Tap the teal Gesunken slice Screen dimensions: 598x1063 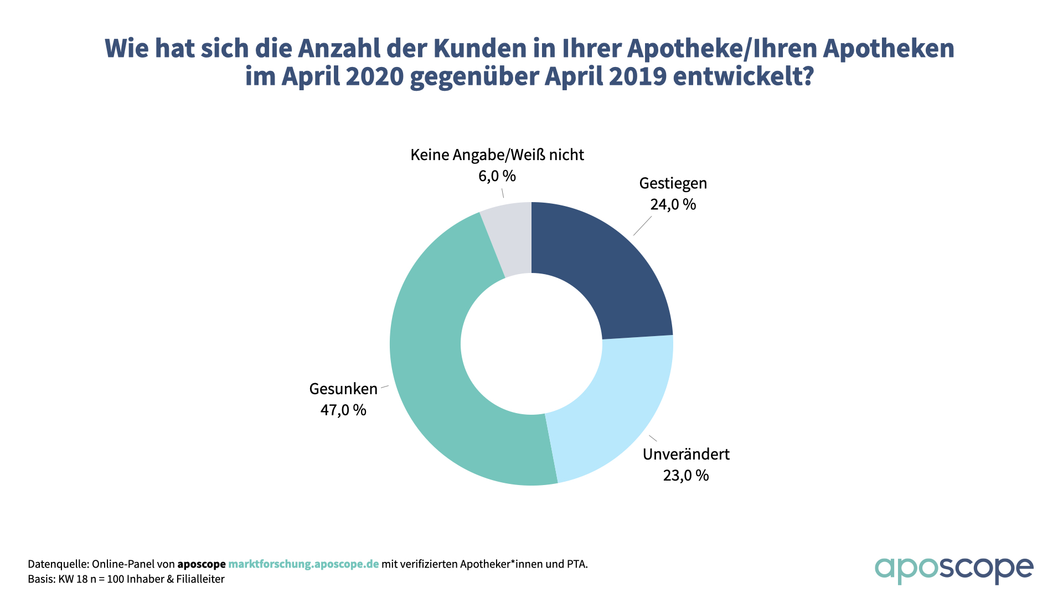[x=437, y=377]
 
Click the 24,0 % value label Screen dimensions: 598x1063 [x=673, y=204]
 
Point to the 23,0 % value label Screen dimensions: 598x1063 [x=686, y=475]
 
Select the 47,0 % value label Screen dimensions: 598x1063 [x=343, y=410]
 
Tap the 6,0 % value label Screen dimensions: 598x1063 [x=497, y=176]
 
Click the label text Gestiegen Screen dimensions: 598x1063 [x=673, y=183]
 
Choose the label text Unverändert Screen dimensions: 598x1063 [x=686, y=454]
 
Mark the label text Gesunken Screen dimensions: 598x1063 [x=343, y=389]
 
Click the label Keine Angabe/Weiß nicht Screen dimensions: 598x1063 [x=497, y=155]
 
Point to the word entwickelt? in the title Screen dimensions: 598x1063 [x=743, y=76]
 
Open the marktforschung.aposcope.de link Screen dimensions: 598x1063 [x=303, y=564]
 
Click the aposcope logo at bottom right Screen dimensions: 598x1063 [x=953, y=570]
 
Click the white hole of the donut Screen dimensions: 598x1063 [x=531, y=343]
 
